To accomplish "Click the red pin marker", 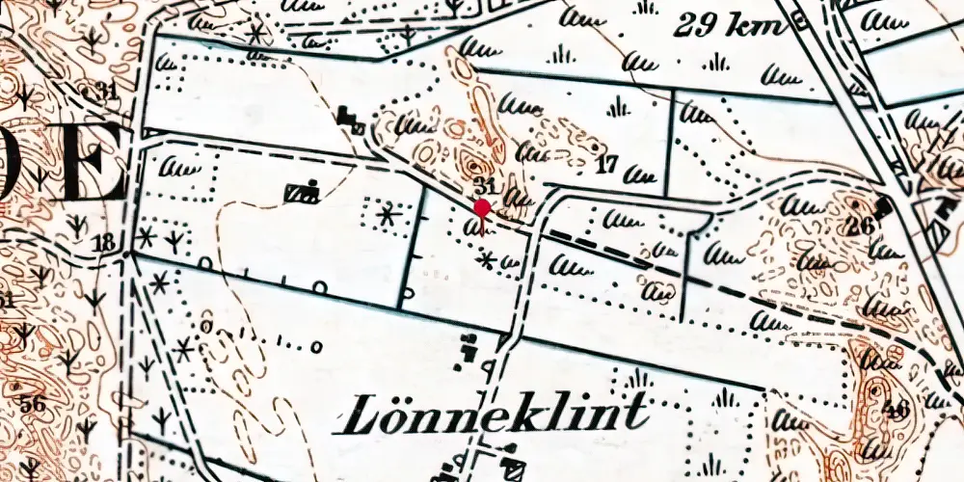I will tap(482, 209).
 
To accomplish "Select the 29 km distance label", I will tap(730, 26).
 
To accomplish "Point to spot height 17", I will tap(605, 164).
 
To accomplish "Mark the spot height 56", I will tap(33, 404).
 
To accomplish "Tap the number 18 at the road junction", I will tap(105, 242).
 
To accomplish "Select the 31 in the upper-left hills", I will tap(106, 92).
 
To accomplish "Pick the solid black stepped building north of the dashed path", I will tap(352, 121).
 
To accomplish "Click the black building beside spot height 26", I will tap(884, 205).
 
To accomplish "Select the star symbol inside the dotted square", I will tap(388, 215).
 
